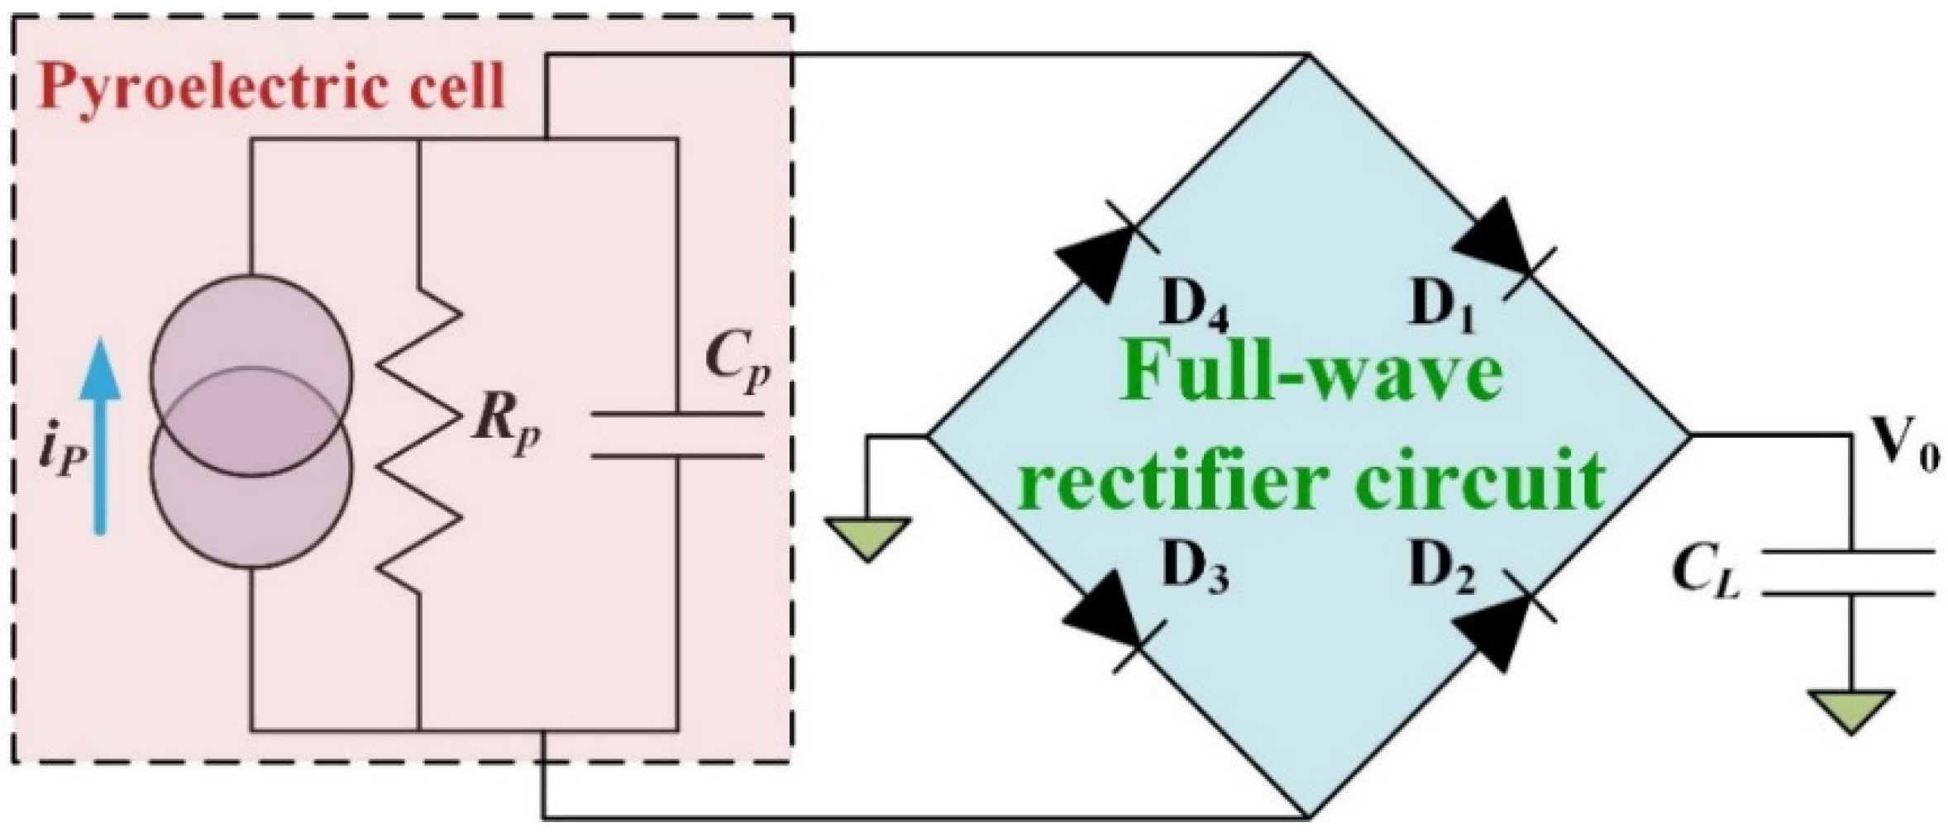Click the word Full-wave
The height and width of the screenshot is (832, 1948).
[1311, 376]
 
